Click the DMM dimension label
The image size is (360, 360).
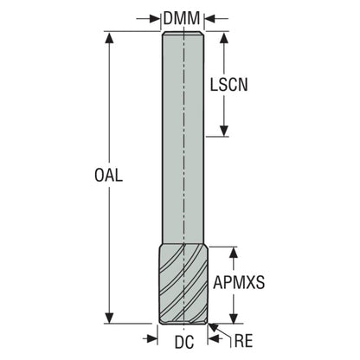[x=182, y=19]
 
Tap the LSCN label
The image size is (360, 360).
[x=228, y=85]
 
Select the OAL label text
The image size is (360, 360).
[x=109, y=175]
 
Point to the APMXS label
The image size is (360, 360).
[x=239, y=283]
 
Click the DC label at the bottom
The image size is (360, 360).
[x=184, y=343]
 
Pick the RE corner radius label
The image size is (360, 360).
[x=243, y=341]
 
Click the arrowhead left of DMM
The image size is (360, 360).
[x=155, y=19]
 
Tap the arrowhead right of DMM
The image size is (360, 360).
[x=210, y=19]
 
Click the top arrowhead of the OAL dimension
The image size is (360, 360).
[x=109, y=37]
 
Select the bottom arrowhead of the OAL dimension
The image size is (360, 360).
[x=109, y=318]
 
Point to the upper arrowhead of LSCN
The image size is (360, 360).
[x=224, y=37]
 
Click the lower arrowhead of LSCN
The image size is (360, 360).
[x=224, y=131]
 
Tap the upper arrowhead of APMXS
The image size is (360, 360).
[x=234, y=253]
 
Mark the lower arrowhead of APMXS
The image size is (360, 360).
[x=234, y=318]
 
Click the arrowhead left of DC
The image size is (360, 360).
[x=152, y=338]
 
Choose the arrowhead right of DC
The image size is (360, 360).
[x=214, y=338]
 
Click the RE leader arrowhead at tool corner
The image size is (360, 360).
[x=214, y=328]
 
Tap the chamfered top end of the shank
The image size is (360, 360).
[x=183, y=34]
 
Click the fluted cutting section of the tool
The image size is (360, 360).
[x=183, y=285]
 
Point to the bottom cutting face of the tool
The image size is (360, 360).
[x=183, y=322]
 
